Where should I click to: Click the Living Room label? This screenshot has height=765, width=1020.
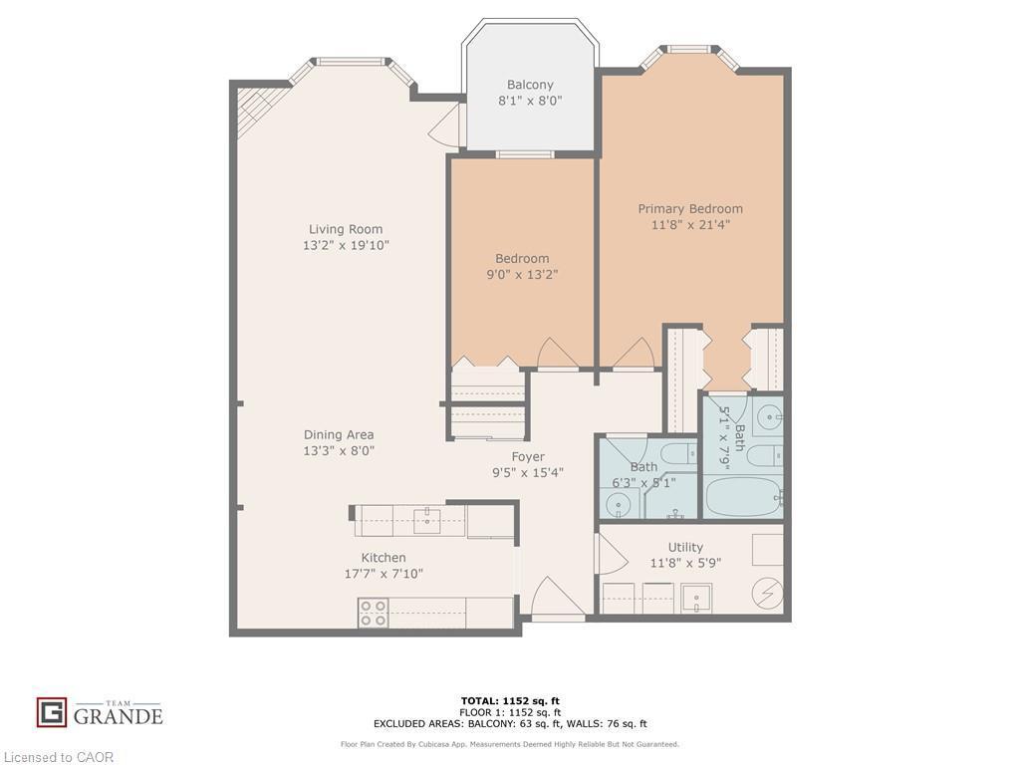[345, 229]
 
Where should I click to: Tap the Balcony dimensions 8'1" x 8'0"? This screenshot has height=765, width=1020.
[529, 101]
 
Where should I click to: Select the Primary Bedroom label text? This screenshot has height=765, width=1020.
[690, 209]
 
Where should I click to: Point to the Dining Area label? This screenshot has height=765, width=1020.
[339, 434]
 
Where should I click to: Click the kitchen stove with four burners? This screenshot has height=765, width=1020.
[374, 613]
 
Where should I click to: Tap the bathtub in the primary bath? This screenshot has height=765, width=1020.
[742, 495]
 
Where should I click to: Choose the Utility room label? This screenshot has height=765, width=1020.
[685, 547]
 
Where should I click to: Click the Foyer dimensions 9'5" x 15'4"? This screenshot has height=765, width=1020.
[528, 472]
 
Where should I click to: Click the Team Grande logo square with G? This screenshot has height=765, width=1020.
[52, 712]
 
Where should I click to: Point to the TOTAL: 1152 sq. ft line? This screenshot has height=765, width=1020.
[510, 700]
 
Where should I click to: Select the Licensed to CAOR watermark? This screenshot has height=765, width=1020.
[58, 757]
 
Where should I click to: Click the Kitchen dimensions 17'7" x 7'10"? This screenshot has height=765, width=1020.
[383, 574]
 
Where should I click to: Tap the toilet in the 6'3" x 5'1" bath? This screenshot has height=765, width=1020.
[679, 454]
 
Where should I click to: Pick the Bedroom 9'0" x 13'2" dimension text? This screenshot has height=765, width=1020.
[522, 274]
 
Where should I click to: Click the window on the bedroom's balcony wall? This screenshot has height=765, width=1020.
[525, 154]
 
